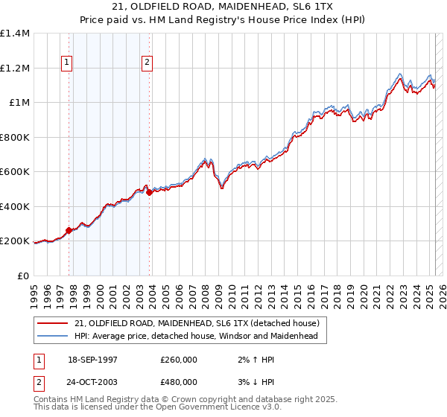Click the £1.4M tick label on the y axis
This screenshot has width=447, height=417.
[15, 34]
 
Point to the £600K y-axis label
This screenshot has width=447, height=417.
[15, 172]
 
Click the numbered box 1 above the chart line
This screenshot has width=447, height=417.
[68, 63]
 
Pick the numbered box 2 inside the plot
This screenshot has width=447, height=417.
[148, 63]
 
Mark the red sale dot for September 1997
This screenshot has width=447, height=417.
[69, 231]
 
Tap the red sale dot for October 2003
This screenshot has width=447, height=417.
[150, 193]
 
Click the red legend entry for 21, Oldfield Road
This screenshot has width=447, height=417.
[197, 322]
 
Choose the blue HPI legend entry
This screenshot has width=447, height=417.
[196, 336]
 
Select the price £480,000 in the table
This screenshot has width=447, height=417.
[179, 382]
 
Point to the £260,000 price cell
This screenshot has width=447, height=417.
[179, 360]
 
